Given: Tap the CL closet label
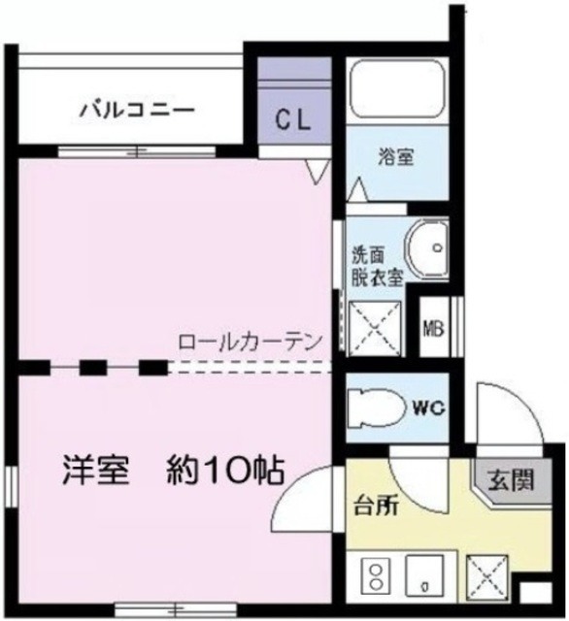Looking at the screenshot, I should tap(291, 120).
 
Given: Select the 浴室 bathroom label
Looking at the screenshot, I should tap(396, 155).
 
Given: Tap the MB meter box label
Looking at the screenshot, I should tap(433, 326).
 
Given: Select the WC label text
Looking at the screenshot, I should tap(431, 409).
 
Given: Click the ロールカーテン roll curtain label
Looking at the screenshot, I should tap(250, 343).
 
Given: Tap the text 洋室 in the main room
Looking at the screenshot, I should tap(97, 471).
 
